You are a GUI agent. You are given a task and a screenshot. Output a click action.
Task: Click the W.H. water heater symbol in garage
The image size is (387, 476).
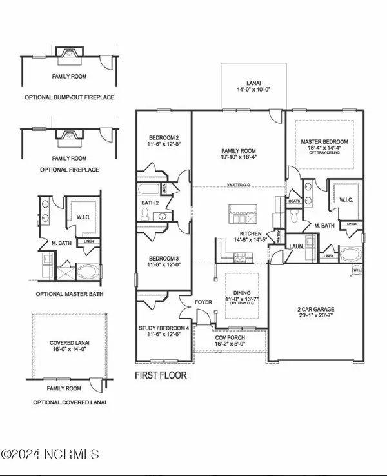(356, 270)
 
